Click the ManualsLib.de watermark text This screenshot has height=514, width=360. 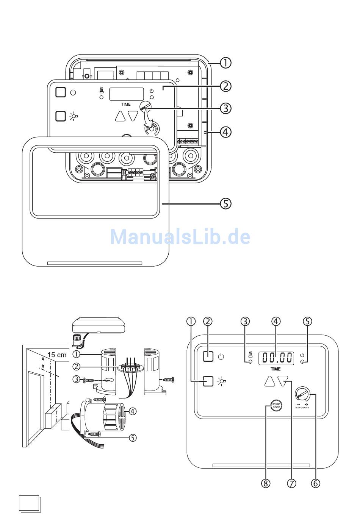pyautogui.click(x=180, y=237)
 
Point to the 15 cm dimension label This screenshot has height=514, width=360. pyautogui.click(x=57, y=355)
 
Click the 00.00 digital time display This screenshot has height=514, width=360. pyautogui.click(x=276, y=358)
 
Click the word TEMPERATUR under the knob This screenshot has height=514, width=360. pyautogui.click(x=302, y=408)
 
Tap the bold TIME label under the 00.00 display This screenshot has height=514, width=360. pyautogui.click(x=276, y=369)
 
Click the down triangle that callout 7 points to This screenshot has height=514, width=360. pyautogui.click(x=283, y=381)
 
